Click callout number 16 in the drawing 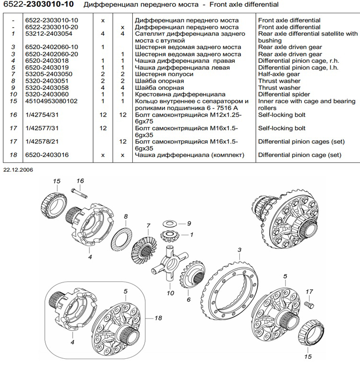click(x=80, y=181)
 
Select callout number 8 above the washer click(x=126, y=217)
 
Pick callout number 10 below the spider click(x=170, y=294)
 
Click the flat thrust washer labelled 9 click(x=169, y=223)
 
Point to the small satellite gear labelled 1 click(x=170, y=235)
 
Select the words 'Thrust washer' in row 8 click(x=279, y=81)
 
